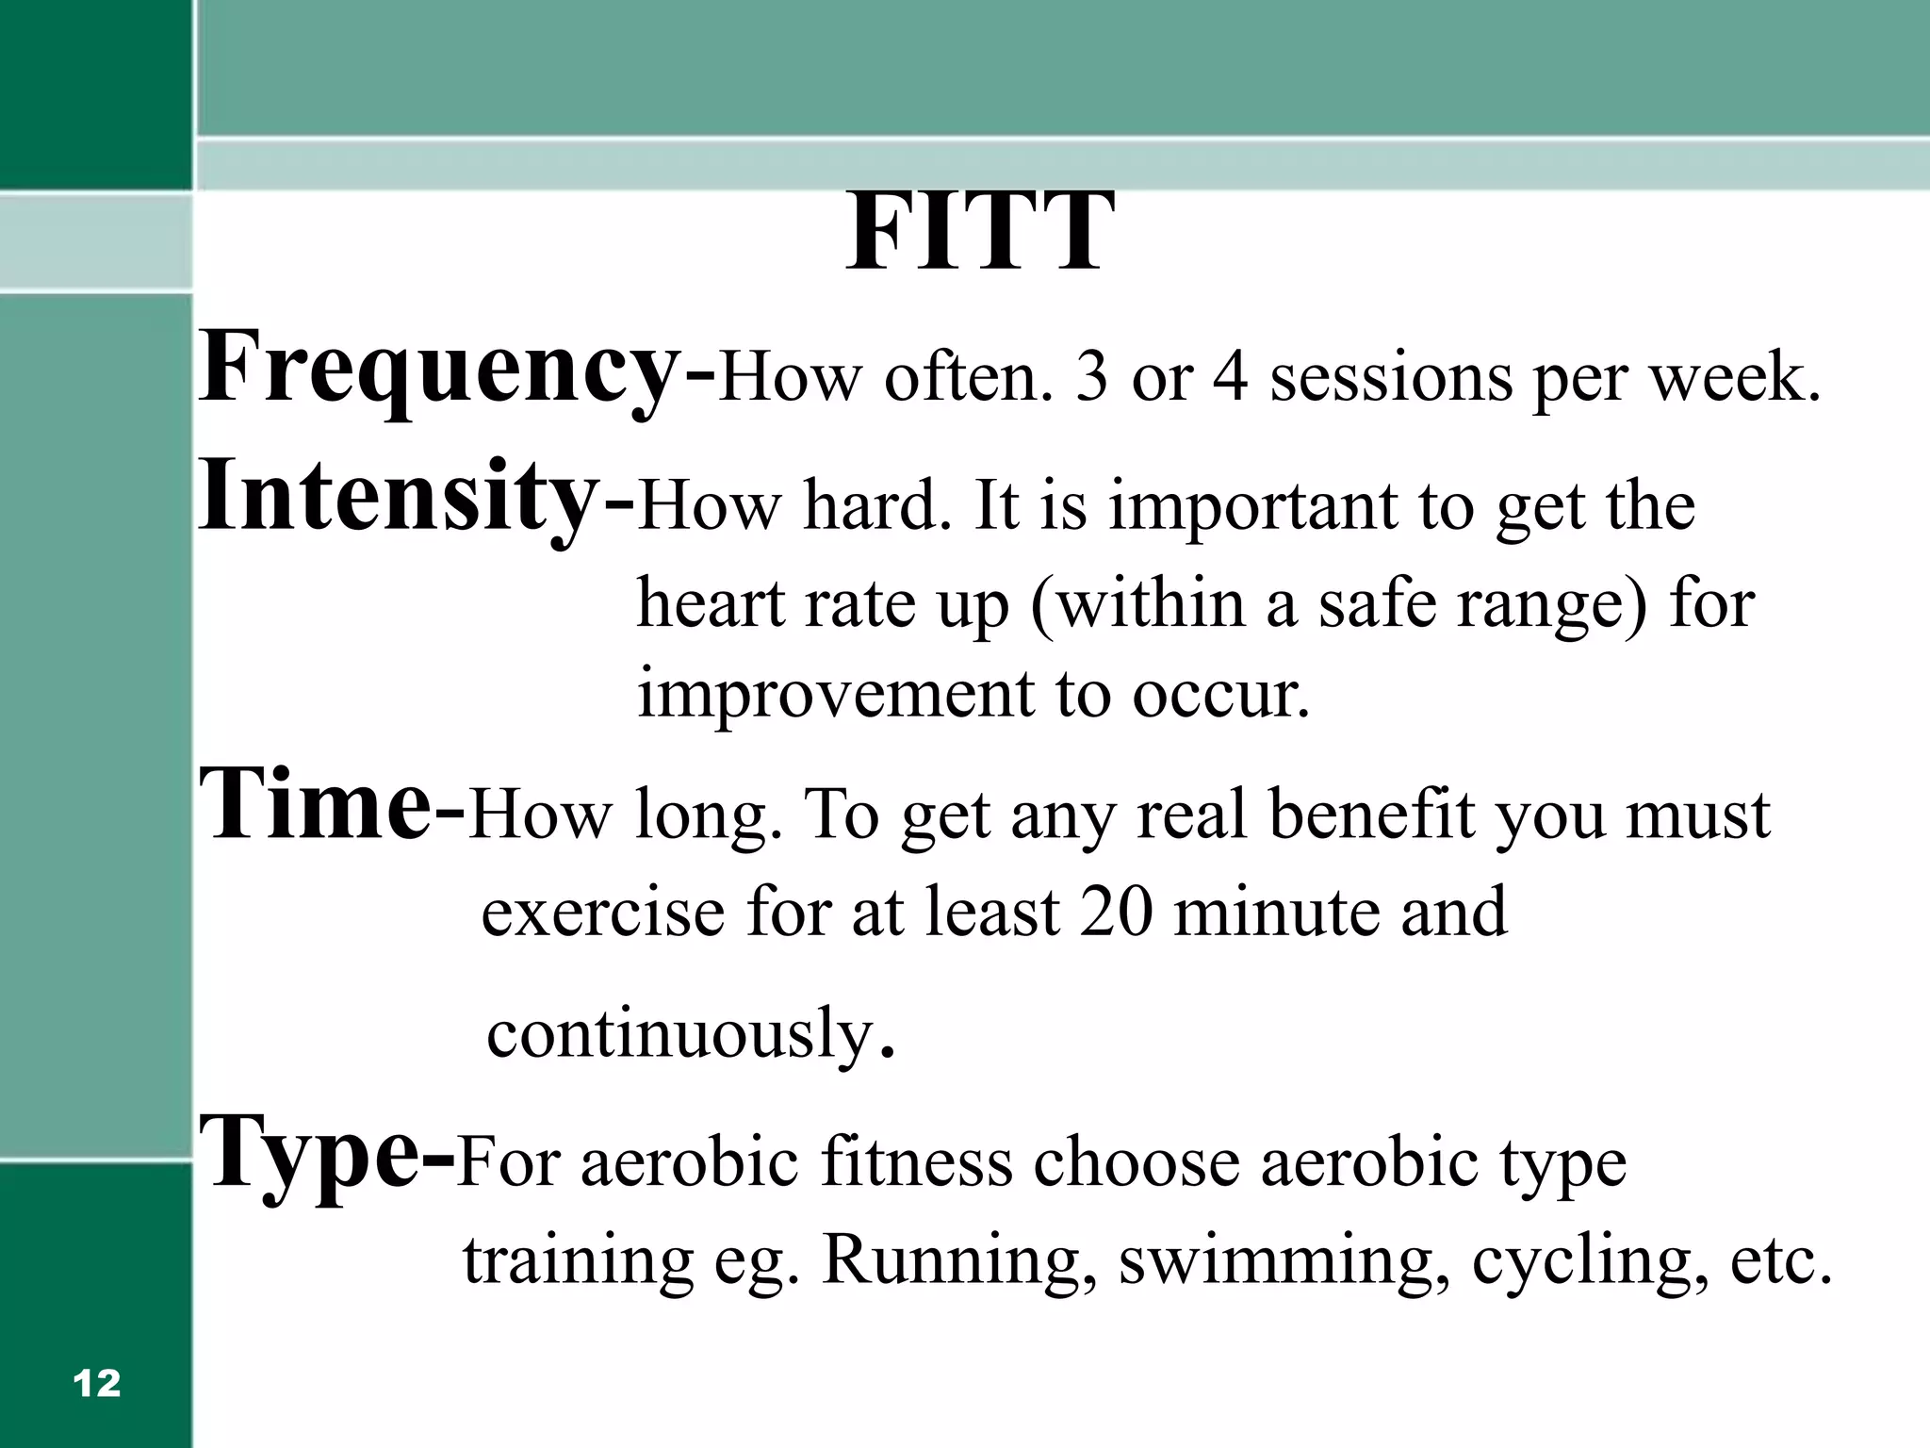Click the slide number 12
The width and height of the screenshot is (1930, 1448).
[x=96, y=1383]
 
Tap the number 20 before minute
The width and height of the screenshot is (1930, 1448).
[x=1116, y=912]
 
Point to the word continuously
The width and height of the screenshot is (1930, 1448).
[x=679, y=1033]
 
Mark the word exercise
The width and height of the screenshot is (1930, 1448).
[x=601, y=912]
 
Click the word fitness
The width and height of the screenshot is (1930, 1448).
[x=916, y=1161]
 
